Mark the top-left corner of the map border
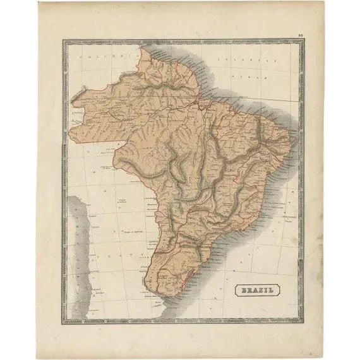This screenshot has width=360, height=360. [x=64, y=42]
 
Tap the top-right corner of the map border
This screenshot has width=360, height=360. [x=303, y=42]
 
